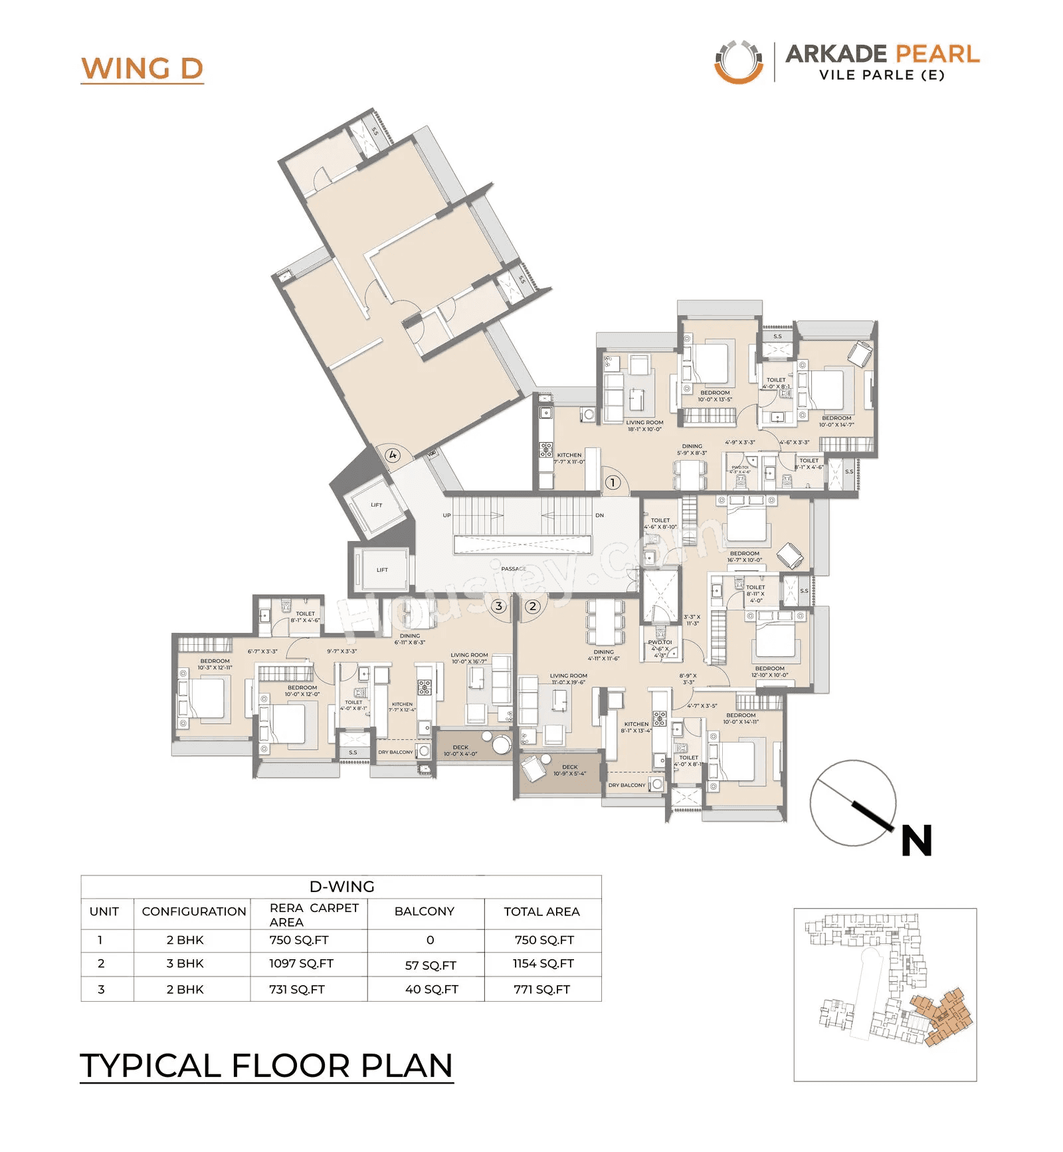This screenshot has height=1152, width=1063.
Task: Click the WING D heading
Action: click(142, 68)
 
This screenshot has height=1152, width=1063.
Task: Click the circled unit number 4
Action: click(393, 455)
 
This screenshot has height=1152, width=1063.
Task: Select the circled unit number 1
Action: click(612, 483)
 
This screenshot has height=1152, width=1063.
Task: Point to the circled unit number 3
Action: click(499, 606)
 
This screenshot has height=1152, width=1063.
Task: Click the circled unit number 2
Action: click(532, 606)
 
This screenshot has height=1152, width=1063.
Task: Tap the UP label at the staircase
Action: click(446, 515)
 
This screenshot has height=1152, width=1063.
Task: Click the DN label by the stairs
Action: click(599, 515)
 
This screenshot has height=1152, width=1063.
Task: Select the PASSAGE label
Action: click(514, 568)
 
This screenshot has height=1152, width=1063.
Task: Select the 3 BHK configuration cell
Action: click(185, 963)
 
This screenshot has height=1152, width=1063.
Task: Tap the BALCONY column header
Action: click(424, 911)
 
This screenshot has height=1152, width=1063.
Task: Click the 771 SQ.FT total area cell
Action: click(541, 989)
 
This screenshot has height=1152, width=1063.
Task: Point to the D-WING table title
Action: click(341, 886)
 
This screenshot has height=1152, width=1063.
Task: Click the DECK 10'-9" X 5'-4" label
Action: click(569, 770)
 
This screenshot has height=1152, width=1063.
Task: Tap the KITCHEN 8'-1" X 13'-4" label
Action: click(636, 727)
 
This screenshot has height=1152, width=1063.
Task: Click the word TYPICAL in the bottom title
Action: click(150, 1066)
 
